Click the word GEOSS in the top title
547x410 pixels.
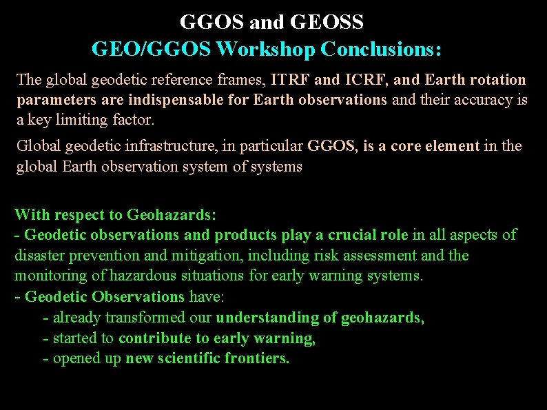tap(328, 23)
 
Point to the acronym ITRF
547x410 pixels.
tap(291, 80)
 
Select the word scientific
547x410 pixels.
tap(198, 359)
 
